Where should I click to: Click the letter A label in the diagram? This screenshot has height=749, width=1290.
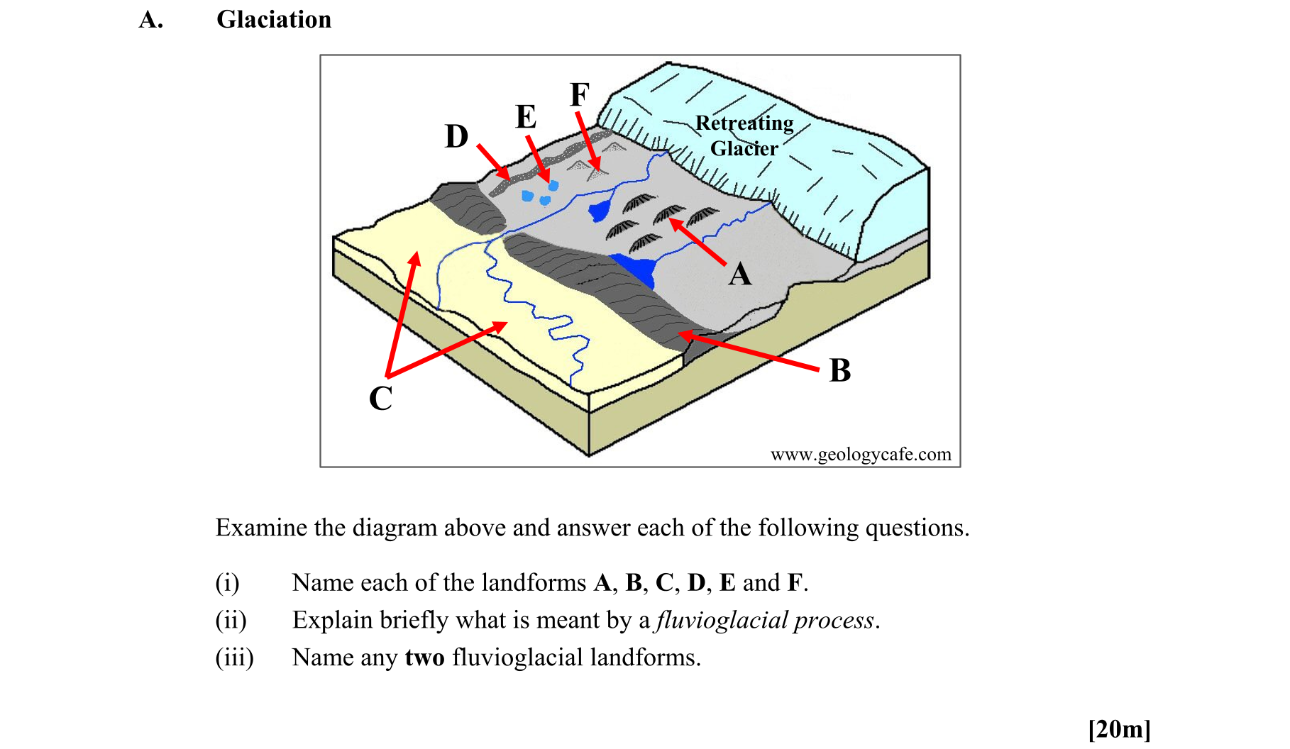tap(739, 274)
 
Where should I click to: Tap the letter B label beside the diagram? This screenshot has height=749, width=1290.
tap(840, 370)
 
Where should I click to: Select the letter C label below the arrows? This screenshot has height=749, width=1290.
tap(381, 399)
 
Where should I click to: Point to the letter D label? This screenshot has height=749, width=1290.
tap(456, 136)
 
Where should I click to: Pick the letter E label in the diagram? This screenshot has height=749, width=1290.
tap(526, 117)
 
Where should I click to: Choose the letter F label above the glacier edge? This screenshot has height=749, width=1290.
tap(580, 94)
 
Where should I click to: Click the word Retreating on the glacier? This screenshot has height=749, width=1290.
tap(744, 123)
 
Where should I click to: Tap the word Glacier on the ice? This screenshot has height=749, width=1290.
tap(744, 148)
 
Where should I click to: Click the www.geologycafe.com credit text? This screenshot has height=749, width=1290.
tap(860, 454)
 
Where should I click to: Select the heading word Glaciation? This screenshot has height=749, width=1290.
tap(274, 19)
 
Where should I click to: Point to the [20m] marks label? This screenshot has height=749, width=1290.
tap(1119, 728)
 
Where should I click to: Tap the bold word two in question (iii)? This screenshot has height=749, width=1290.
tap(424, 658)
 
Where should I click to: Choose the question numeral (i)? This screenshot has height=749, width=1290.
tap(227, 582)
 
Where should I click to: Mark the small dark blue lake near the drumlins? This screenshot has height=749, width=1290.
tap(600, 210)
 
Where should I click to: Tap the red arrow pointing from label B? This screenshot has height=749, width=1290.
tap(752, 351)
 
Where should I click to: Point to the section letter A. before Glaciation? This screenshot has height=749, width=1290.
tap(151, 19)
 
